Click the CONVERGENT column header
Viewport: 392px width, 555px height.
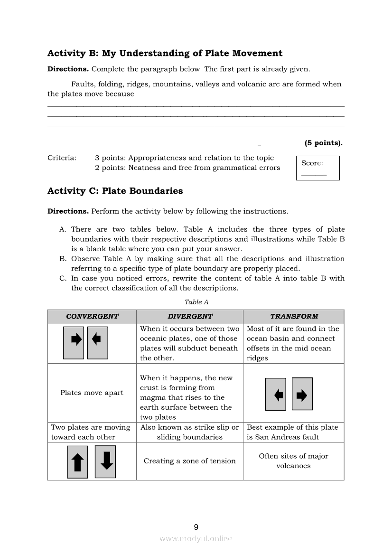pyautogui.click(x=92, y=317)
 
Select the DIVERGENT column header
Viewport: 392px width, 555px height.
pyautogui.click(x=190, y=317)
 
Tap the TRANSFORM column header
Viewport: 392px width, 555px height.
pyautogui.click(x=294, y=317)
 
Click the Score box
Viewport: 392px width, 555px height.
pyautogui.click(x=317, y=168)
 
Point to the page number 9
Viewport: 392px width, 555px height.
pyautogui.click(x=196, y=527)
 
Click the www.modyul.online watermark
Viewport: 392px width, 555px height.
pyautogui.click(x=196, y=539)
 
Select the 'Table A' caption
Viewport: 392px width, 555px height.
pyautogui.click(x=196, y=302)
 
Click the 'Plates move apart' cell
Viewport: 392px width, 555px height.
pyautogui.click(x=92, y=393)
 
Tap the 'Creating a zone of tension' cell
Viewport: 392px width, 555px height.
pyautogui.click(x=190, y=461)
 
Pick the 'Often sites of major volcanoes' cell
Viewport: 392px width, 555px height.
pyautogui.click(x=294, y=461)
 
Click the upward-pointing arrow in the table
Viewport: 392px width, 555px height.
pyautogui.click(x=77, y=462)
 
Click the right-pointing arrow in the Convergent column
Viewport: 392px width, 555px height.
pyautogui.click(x=76, y=339)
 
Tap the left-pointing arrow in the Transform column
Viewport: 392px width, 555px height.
pyautogui.click(x=279, y=395)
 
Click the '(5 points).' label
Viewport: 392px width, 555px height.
pyautogui.click(x=324, y=143)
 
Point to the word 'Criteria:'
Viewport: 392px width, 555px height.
pyautogui.click(x=62, y=158)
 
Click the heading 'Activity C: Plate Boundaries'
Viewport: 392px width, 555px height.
pyautogui.click(x=115, y=191)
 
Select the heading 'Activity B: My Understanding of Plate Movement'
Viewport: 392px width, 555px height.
pyautogui.click(x=165, y=53)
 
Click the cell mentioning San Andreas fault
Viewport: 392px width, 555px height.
pyautogui.click(x=294, y=432)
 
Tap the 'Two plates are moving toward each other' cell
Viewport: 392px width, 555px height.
pyautogui.click(x=92, y=432)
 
